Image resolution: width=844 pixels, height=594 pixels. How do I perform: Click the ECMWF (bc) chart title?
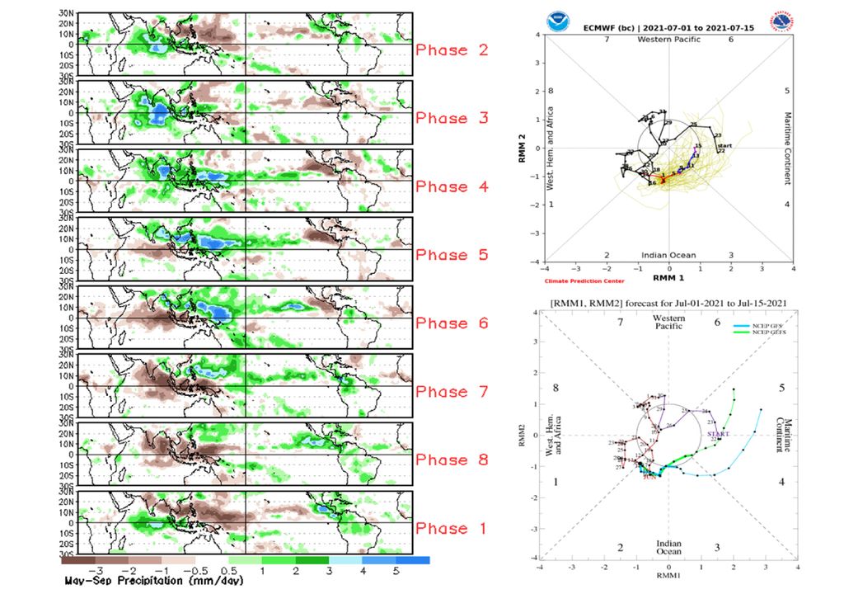[669, 27]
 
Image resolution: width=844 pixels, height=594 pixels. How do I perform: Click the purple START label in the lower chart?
[717, 434]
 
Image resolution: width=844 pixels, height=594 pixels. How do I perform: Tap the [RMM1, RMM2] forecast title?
[668, 304]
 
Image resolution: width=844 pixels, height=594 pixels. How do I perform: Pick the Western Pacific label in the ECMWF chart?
[669, 40]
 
